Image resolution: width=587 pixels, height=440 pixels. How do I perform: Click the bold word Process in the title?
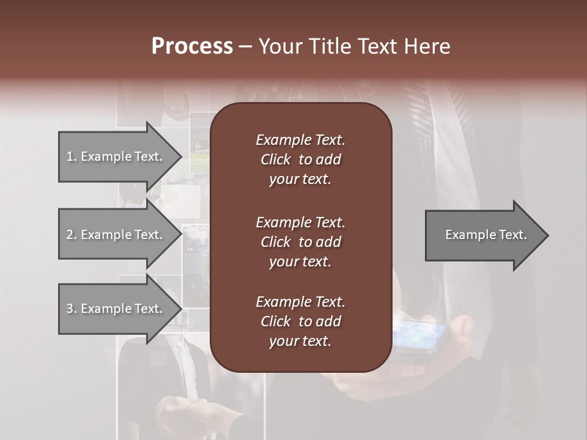point(192,46)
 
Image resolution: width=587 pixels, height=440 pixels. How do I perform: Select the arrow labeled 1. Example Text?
point(116,156)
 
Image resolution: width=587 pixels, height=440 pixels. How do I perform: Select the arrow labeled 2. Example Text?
point(116,235)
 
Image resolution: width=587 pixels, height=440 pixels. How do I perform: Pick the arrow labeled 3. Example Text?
point(116,309)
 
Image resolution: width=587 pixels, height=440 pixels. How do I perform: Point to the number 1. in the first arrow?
point(72,156)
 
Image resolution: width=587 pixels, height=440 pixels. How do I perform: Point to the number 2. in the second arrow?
point(72,235)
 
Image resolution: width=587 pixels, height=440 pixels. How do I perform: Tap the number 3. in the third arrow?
point(72,309)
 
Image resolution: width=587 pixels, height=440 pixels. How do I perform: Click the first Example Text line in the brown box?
point(300,140)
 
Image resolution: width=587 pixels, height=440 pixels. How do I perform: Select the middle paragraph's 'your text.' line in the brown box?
point(300,262)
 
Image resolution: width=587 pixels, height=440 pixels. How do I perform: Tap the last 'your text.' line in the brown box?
point(300,342)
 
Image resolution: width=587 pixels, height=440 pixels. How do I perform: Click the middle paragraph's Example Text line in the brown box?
point(300,222)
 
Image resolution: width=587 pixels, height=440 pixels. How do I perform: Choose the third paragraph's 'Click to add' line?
point(300,321)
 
